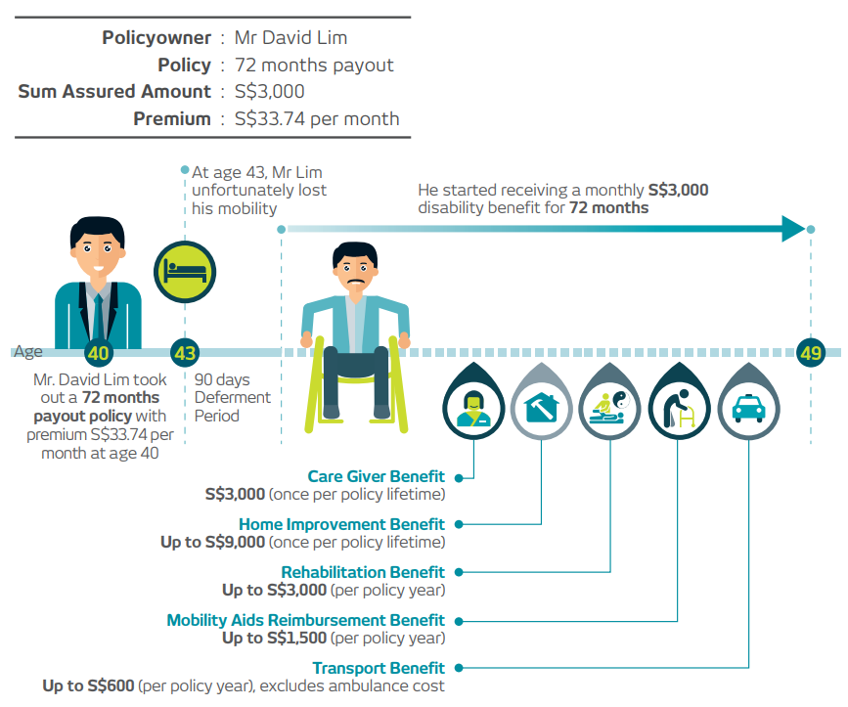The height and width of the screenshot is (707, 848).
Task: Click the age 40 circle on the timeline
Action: click(97, 353)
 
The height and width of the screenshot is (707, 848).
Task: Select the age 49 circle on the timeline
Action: click(810, 353)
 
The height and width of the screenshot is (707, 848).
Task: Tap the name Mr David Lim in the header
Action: click(291, 38)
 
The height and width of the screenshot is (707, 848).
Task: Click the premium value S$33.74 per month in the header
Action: click(317, 119)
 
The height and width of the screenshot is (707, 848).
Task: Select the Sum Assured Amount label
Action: click(114, 92)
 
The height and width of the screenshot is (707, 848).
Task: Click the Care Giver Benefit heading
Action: click(376, 476)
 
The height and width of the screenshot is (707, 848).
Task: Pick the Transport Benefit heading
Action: click(379, 668)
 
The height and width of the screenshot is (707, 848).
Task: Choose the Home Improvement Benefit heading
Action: click(341, 524)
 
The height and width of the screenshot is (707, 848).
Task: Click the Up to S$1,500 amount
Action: click(273, 639)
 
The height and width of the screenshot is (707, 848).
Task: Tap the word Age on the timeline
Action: click(27, 352)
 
